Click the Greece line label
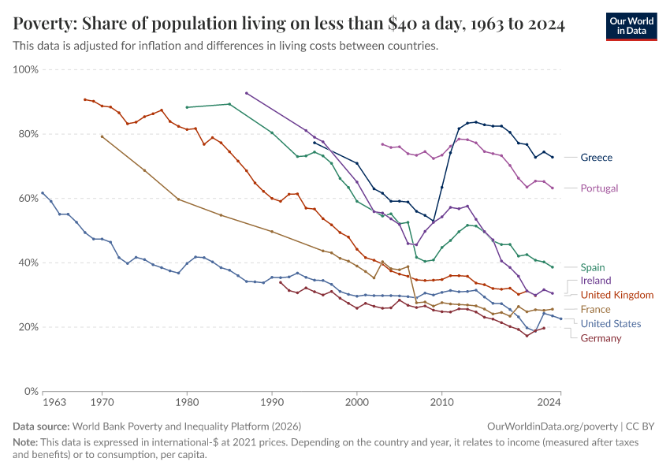pyautogui.click(x=596, y=158)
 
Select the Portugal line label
pyautogui.click(x=599, y=188)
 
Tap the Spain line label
pyautogui.click(x=594, y=267)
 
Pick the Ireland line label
pyautogui.click(x=595, y=281)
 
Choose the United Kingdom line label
pyautogui.click(x=617, y=295)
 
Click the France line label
pyautogui.click(x=595, y=310)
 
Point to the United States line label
pyautogui.click(x=611, y=324)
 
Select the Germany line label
pyautogui.click(x=601, y=338)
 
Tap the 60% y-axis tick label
pyautogui.click(x=28, y=199)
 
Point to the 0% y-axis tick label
pyautogui.click(x=32, y=392)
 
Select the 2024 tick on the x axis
pyautogui.click(x=549, y=403)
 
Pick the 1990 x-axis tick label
pyautogui.click(x=272, y=403)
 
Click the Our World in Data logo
pyautogui.click(x=631, y=26)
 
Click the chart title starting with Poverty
pyautogui.click(x=288, y=24)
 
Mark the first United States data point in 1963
pyautogui.click(x=43, y=193)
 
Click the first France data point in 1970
pyautogui.click(x=102, y=136)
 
